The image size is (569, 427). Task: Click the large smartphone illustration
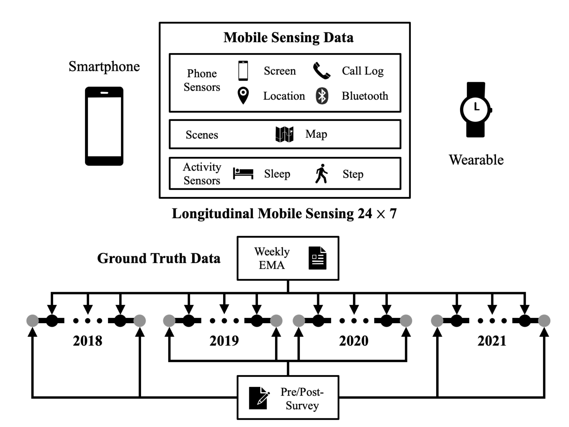104,126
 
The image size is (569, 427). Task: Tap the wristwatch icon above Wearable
476,109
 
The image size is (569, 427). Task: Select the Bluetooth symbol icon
322,96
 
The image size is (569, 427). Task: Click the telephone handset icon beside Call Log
322,71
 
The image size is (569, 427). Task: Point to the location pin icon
243,95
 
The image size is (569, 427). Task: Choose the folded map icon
284,134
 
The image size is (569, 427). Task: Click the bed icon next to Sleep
243,174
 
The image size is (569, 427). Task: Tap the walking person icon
322,174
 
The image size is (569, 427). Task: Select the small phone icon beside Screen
243,71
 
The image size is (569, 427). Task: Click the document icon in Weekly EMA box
318,258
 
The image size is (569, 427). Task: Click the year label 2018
88,341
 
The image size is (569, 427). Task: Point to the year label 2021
492,341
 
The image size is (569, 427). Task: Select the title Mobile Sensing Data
288,38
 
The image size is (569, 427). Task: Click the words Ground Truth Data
159,258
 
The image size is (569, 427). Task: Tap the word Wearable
476,160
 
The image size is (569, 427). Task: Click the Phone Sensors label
202,80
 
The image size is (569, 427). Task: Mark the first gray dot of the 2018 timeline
33,321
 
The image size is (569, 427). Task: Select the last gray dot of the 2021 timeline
544,321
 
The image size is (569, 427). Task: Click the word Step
353,174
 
